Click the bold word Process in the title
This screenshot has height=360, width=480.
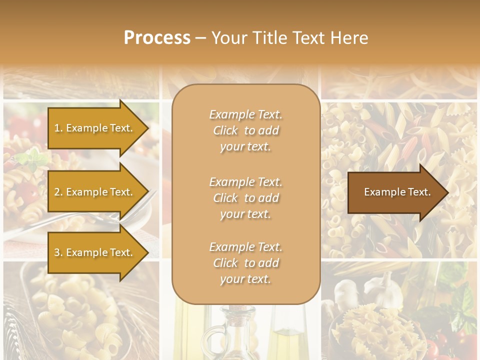pos(157,38)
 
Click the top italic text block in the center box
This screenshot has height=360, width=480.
pos(245,130)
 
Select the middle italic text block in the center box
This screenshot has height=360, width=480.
pos(245,198)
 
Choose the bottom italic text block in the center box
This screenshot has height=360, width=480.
pos(245,263)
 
